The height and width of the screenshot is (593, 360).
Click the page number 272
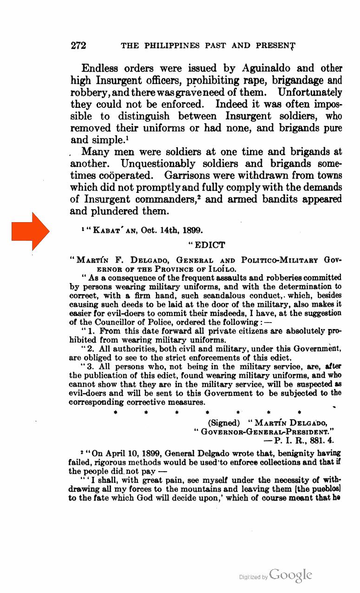coord(79,46)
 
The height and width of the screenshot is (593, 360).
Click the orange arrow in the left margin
coord(31,231)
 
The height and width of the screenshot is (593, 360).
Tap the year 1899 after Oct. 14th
coord(193,231)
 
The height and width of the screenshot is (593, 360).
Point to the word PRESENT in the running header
coord(274,46)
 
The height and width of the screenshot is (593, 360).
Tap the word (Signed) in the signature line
coord(224,423)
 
